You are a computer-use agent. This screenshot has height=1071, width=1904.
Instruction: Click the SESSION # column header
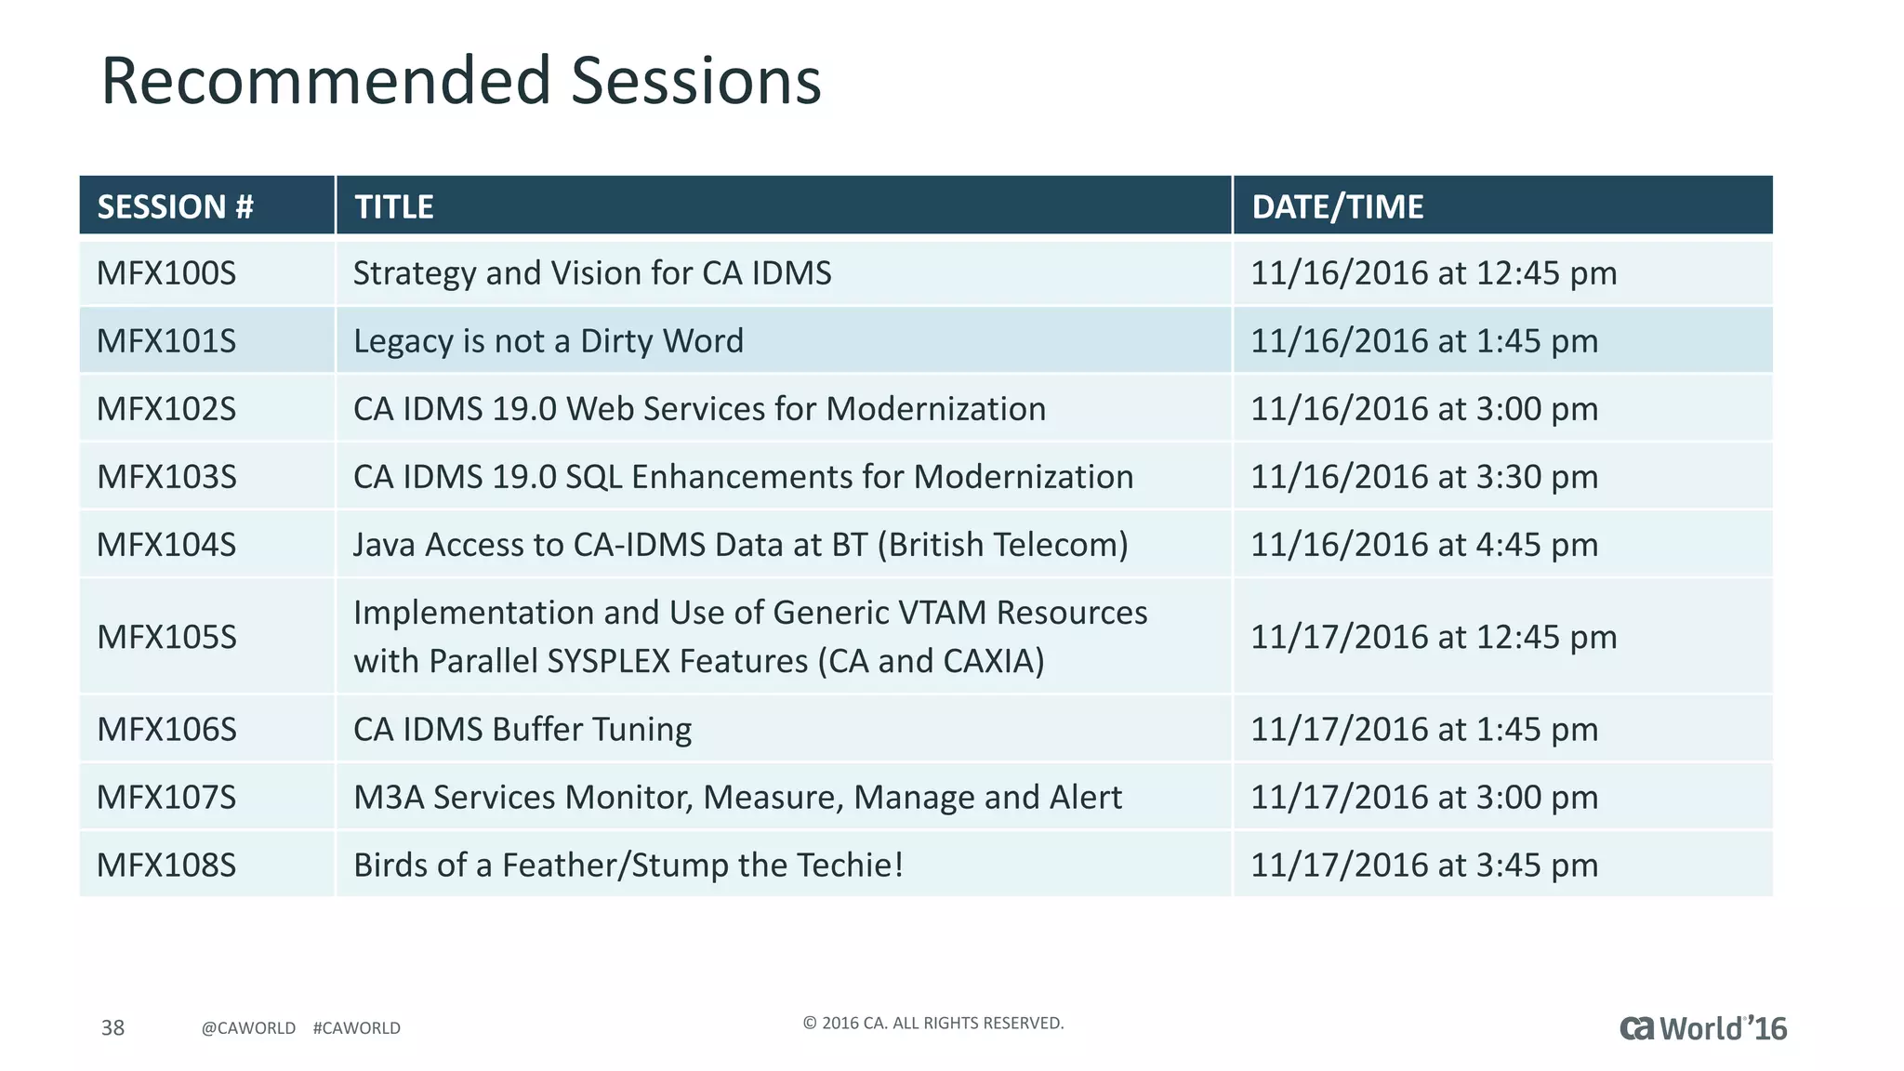175,206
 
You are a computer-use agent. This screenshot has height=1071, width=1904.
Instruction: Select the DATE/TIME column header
1337,206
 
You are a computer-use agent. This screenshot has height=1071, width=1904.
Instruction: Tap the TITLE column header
393,206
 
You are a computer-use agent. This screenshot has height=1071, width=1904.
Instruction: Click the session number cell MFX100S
166,273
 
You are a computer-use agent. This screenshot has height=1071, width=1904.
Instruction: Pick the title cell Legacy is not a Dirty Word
549,341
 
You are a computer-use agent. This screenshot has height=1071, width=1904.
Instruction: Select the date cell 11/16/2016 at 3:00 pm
1423,409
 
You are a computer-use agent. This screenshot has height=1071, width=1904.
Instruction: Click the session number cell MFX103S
166,477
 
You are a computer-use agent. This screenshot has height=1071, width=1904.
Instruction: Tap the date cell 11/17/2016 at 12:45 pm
1433,637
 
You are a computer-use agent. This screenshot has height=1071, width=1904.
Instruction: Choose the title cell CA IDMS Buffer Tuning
522,729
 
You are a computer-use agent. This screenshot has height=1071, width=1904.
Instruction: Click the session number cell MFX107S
166,798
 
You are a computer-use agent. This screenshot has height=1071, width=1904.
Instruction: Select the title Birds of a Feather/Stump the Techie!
628,866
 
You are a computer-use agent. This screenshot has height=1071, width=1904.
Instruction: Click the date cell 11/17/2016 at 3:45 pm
1423,866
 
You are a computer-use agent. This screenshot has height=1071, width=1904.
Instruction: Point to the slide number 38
112,1027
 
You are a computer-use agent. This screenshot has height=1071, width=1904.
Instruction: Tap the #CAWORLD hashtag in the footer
357,1028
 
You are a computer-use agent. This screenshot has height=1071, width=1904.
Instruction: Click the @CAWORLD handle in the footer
248,1028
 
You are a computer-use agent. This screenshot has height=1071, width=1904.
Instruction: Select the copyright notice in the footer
932,1024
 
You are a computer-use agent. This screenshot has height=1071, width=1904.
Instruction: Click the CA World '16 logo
1703,1028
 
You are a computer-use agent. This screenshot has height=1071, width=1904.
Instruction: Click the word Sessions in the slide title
695,81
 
